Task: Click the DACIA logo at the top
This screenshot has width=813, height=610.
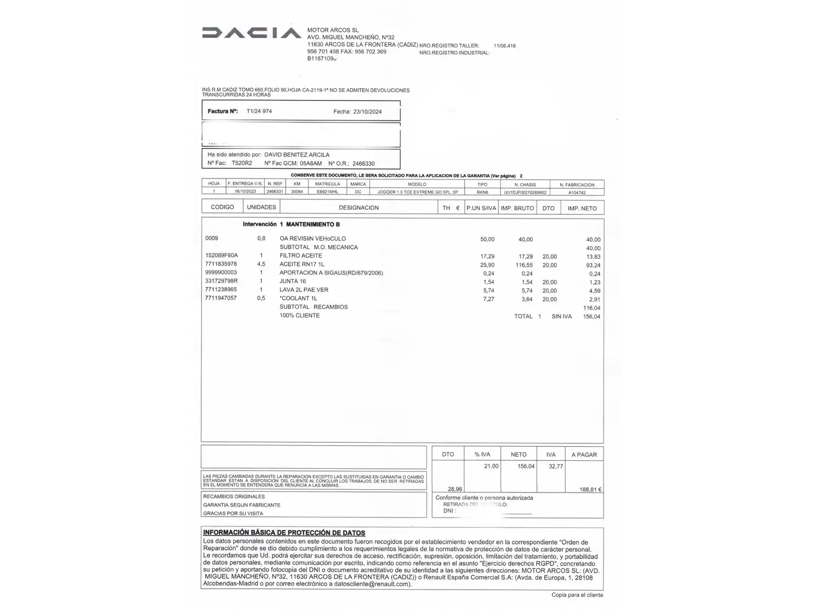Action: [x=251, y=33]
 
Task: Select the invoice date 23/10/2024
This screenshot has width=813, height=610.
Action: [x=367, y=112]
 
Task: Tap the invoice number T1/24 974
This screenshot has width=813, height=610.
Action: [x=259, y=111]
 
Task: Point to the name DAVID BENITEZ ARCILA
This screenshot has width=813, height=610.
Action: [x=297, y=155]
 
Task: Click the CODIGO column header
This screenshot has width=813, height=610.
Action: [x=222, y=207]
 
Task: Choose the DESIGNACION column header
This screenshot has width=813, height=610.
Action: [x=359, y=208]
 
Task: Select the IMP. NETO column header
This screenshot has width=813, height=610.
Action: [x=582, y=208]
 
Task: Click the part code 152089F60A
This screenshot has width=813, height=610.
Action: [x=221, y=256]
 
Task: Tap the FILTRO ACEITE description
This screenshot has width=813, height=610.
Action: [x=301, y=256]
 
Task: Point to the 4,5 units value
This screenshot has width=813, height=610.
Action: [x=261, y=264]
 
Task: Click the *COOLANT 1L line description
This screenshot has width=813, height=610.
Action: [x=299, y=298]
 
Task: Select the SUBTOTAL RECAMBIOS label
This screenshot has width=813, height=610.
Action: [x=313, y=307]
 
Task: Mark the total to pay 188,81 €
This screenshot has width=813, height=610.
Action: [x=590, y=490]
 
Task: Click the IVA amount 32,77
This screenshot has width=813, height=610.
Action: [x=556, y=467]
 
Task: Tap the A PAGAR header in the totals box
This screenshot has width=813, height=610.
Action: [x=584, y=455]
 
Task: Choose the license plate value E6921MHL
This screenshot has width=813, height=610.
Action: [x=327, y=192]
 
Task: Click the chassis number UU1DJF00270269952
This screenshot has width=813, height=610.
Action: [x=525, y=192]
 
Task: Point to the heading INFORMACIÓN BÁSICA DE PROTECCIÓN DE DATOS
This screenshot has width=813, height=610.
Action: [x=284, y=533]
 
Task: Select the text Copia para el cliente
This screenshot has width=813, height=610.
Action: [x=577, y=595]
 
